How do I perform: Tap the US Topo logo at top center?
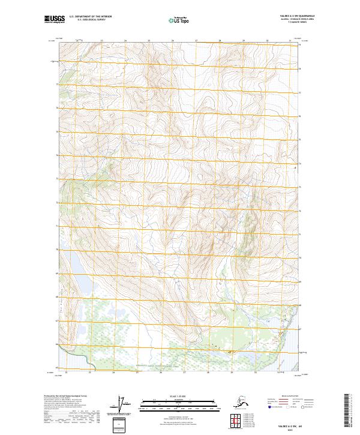(x=178, y=20)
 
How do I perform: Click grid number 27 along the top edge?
(x=196, y=41)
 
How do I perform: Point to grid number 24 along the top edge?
(x=125, y=41)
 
